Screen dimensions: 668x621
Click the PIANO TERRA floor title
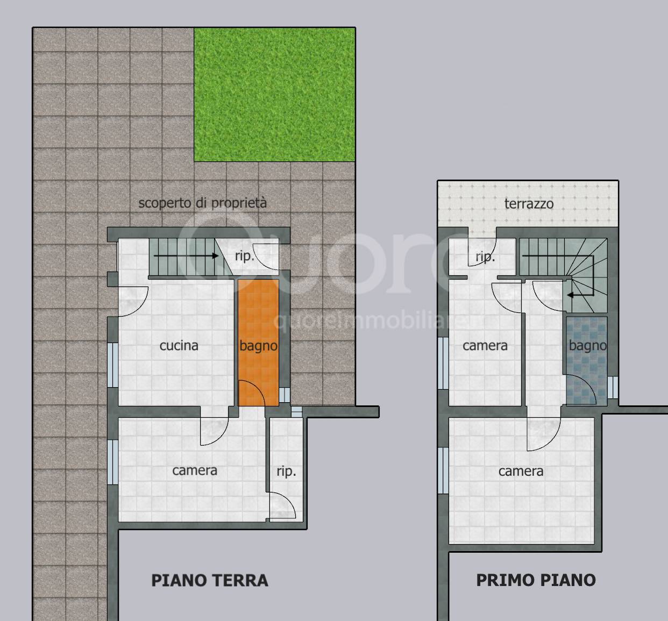pos(210,580)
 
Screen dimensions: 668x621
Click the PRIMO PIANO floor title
pos(536,580)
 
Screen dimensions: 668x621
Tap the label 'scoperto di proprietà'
pos(202,203)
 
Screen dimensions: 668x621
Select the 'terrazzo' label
pos(529,204)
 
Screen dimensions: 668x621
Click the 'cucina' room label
pos(179,346)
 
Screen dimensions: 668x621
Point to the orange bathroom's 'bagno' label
pos(258,346)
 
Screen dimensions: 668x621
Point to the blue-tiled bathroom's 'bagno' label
pos(588,346)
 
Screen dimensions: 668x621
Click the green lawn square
pos(274,95)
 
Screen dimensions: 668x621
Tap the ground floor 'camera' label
pos(194,470)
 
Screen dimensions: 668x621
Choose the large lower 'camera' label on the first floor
pos(521,472)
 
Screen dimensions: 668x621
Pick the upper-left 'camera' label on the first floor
pos(485,346)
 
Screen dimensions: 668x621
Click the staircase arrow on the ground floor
pos(186,256)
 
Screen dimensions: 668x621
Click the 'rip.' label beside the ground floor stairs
pos(245,256)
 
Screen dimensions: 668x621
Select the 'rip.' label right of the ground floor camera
pos(286,472)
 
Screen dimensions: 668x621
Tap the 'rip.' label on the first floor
pos(485,258)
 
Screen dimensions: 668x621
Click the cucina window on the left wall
pos(113,365)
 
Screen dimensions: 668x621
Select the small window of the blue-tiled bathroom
pos(613,388)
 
